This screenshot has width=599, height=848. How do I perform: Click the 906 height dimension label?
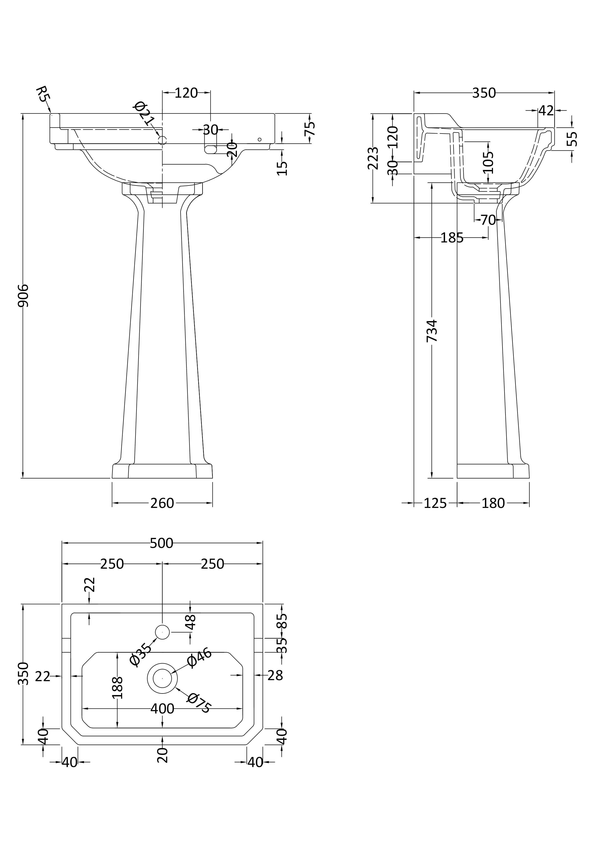[x=23, y=295]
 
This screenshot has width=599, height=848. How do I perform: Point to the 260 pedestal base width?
[x=162, y=503]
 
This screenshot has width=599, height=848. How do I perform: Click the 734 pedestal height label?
[x=432, y=331]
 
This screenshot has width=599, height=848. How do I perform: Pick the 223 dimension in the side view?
[x=373, y=158]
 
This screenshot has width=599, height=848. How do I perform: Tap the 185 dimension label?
[x=452, y=238]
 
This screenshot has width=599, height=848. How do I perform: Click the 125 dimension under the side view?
[x=435, y=503]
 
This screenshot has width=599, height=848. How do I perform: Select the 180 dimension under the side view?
[x=493, y=503]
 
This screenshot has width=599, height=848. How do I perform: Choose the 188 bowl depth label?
[x=117, y=688]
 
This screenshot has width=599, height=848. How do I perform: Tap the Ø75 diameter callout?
[x=199, y=703]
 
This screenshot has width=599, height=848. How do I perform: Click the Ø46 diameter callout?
[x=199, y=658]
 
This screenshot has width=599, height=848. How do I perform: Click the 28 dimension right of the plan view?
[x=275, y=675]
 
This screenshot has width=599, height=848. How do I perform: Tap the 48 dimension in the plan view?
[x=191, y=622]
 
